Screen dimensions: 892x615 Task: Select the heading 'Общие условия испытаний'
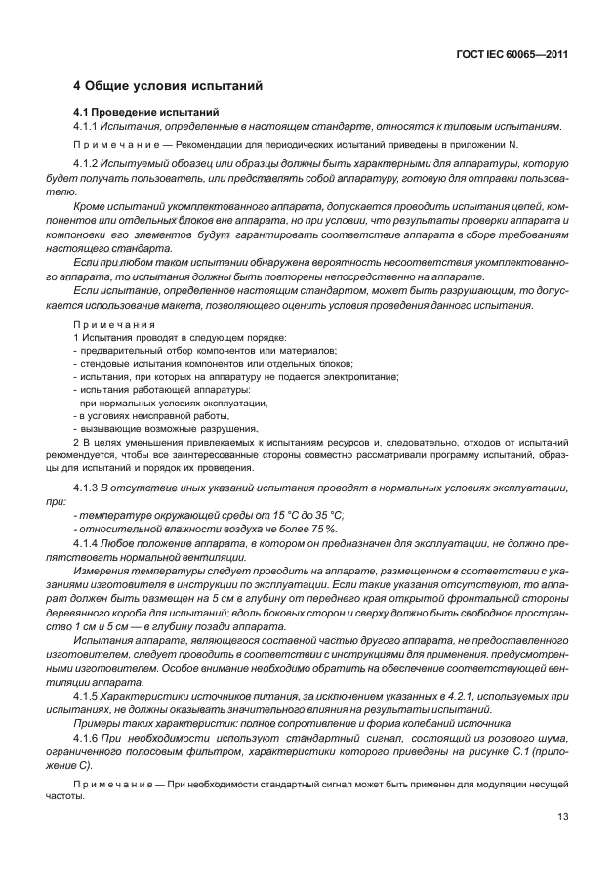tap(176, 86)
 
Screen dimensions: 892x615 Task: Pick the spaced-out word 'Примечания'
tap(110, 323)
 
